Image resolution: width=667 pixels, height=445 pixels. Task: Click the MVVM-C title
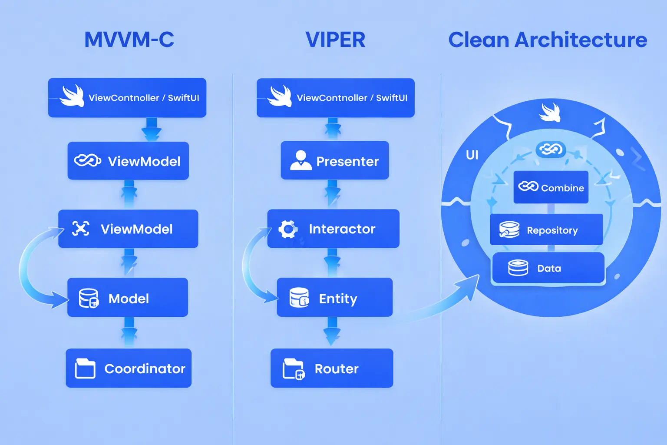pos(129,40)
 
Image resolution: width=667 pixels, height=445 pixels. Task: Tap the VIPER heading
pos(335,40)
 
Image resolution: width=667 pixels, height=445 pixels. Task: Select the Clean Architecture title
pos(548,40)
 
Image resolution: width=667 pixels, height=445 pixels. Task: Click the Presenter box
pos(335,160)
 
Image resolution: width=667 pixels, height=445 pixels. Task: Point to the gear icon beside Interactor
pos(288,229)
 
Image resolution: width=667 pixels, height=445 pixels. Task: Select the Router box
pos(332,368)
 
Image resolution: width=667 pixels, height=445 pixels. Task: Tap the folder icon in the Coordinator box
pos(85,369)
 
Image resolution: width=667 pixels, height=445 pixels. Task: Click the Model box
pos(128,298)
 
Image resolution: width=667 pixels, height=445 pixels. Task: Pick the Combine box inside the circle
pos(551,187)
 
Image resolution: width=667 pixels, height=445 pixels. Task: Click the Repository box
pos(546,229)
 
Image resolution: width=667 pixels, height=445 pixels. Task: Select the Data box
pos(548,268)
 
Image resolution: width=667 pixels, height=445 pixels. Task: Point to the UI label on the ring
pos(472,155)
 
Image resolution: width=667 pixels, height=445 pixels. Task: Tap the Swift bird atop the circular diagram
pos(550,112)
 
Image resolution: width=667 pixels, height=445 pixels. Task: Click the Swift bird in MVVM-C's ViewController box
pos(72,96)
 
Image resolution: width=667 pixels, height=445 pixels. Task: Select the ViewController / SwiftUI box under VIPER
pos(335,98)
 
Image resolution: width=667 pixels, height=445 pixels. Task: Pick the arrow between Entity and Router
pos(332,332)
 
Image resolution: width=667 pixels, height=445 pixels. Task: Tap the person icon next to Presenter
pos(300,160)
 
